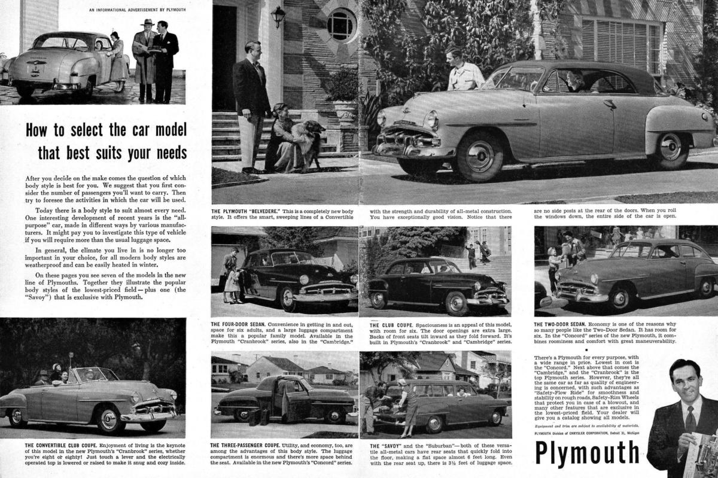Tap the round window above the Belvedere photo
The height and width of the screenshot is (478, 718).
point(341,25)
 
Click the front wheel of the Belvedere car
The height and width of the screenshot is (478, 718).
point(480,157)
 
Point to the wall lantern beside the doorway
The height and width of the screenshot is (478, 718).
point(278,17)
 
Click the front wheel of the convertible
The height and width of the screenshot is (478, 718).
point(108,420)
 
